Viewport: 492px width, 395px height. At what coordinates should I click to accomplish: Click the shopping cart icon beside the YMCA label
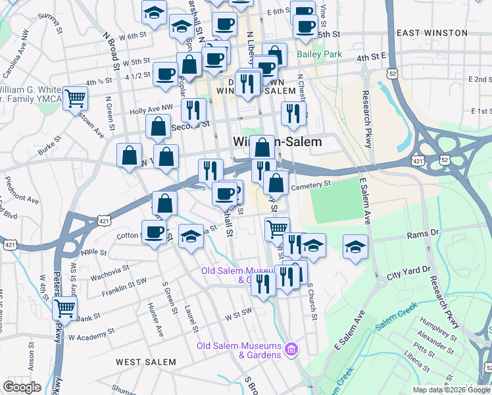point(75,99)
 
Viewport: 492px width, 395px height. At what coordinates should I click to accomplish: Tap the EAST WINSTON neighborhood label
point(432,33)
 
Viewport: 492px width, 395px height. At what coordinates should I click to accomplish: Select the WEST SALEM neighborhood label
point(146,362)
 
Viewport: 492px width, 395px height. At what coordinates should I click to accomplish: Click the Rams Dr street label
point(422,233)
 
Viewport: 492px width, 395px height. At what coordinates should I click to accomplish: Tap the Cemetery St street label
point(310,186)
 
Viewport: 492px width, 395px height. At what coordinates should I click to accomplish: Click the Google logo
point(22,387)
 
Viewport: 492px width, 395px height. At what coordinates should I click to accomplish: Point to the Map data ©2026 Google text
point(451,389)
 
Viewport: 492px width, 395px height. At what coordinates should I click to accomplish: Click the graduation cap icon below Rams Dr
point(355,247)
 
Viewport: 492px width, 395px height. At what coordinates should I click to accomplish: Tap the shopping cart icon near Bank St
point(64,307)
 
